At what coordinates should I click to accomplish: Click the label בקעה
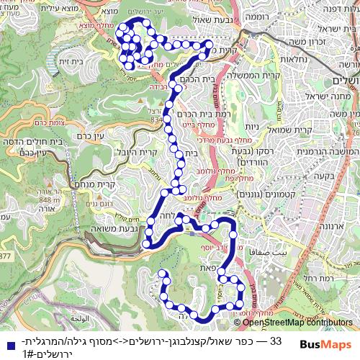pyautogui.click(x=330, y=175)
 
